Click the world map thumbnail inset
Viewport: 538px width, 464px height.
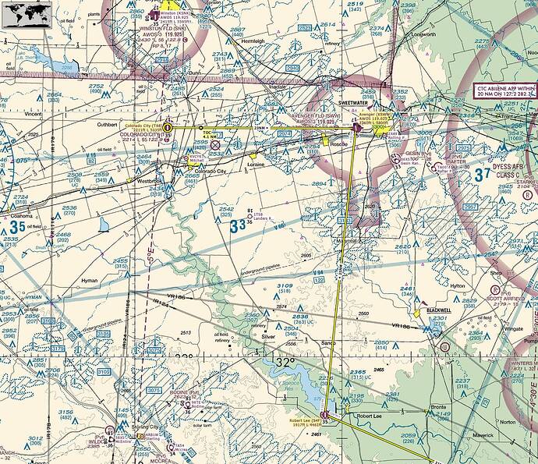click(27, 12)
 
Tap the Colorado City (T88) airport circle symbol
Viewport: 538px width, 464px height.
click(167, 127)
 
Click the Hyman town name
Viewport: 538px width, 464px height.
click(90, 279)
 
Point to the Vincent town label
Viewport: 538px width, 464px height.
click(34, 114)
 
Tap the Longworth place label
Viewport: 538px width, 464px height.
click(424, 35)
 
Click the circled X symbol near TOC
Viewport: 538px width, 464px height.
click(215, 143)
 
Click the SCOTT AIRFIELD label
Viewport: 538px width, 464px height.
click(504, 297)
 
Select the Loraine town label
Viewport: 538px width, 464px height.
click(256, 165)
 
